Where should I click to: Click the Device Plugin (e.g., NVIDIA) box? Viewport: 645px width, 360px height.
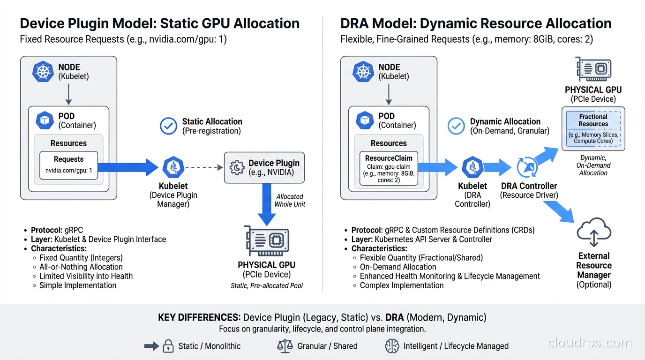264,167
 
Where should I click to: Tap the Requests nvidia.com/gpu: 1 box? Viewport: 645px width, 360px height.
68,165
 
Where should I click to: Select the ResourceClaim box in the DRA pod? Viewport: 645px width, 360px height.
389,169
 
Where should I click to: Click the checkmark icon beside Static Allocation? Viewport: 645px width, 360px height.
168,126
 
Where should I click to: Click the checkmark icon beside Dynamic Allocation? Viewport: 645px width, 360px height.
456,126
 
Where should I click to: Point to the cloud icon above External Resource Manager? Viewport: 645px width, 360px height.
594,232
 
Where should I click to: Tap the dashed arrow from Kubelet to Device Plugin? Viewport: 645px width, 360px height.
203,167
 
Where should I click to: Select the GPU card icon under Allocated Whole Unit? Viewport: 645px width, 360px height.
267,241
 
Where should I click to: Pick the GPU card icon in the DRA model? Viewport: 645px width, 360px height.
593,69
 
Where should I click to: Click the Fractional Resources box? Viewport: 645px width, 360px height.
593,128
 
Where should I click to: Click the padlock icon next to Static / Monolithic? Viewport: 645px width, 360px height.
168,346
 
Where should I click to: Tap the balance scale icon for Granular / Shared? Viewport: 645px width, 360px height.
285,346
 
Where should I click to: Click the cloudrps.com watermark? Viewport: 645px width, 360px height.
590,343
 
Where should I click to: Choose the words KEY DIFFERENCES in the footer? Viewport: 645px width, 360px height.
199,317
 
